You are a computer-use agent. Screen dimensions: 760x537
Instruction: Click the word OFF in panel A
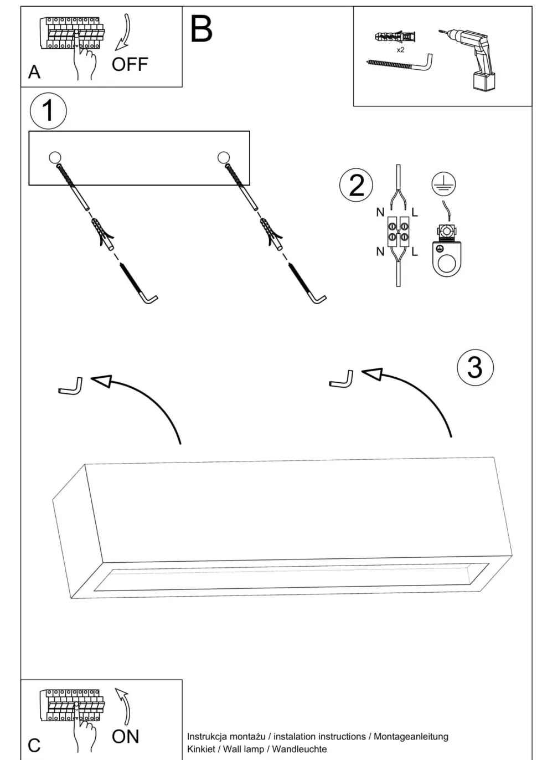[x=130, y=64]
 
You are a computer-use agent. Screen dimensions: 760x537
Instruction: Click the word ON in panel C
[x=125, y=736]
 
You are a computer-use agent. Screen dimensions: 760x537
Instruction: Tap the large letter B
[x=201, y=29]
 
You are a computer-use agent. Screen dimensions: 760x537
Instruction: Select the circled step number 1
[x=48, y=110]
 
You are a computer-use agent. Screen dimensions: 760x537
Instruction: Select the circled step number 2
[x=356, y=185]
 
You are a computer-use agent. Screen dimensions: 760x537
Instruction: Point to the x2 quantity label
[x=400, y=50]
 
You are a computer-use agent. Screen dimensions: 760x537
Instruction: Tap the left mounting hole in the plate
[x=55, y=157]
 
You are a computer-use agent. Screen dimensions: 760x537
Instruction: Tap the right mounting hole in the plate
[x=224, y=157]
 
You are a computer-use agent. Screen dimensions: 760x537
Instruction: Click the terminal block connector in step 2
[x=398, y=232]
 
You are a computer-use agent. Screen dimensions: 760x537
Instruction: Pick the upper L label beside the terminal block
[x=415, y=212]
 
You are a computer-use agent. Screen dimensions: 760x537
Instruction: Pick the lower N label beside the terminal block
[x=380, y=251]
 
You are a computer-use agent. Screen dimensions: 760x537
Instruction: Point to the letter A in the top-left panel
[x=34, y=73]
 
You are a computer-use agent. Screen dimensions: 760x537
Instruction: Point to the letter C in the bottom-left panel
[x=34, y=745]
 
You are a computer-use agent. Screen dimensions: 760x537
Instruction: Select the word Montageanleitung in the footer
[x=411, y=736]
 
